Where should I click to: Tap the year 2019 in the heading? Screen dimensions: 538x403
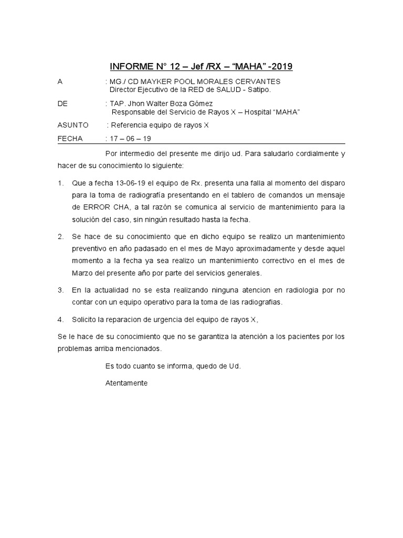click(x=281, y=67)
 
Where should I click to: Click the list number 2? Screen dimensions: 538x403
click(x=60, y=236)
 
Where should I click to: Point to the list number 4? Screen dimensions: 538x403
click(x=60, y=319)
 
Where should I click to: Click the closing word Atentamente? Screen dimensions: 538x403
click(x=126, y=383)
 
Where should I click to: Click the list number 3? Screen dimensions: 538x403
click(x=60, y=290)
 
